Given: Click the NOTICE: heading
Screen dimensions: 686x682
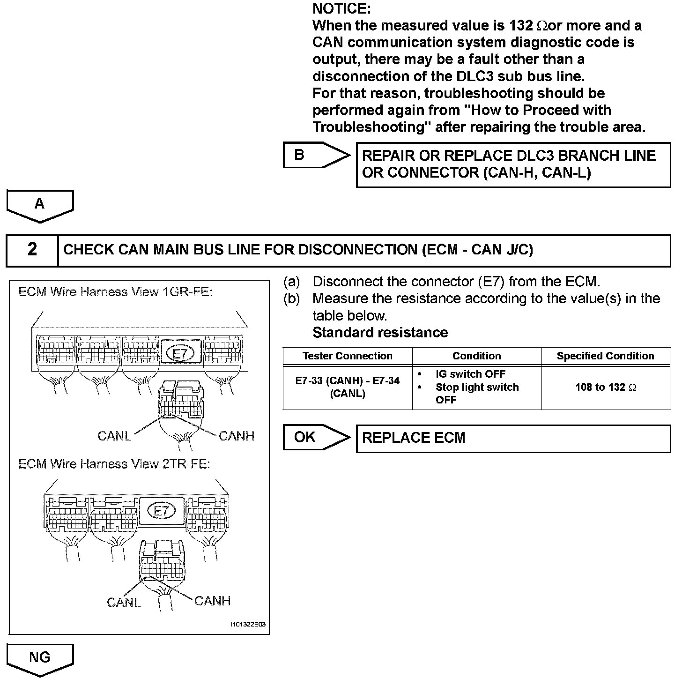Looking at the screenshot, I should (341, 8).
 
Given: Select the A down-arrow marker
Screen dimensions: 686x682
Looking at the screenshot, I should (40, 205).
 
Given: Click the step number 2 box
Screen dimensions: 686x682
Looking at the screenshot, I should (32, 250).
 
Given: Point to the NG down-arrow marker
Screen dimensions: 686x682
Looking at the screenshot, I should (40, 658).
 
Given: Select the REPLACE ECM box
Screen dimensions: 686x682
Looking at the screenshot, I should (513, 439).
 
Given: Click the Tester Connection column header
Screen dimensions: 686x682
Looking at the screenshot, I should (348, 356).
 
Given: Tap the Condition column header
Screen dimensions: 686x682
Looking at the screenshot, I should (476, 356).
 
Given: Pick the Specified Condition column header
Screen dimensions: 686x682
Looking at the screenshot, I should (605, 356).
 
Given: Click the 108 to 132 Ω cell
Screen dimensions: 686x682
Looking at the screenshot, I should (606, 388).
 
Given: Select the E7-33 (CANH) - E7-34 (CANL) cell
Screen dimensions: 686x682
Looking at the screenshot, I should (348, 387).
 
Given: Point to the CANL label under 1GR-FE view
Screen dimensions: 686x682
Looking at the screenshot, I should (114, 436).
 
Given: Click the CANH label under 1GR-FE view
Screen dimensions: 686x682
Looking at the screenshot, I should (237, 436).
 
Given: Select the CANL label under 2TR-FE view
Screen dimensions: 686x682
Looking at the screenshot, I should (124, 602).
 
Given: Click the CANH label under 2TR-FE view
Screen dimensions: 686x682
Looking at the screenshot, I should (212, 601).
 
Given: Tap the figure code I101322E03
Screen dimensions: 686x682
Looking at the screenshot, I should (248, 625).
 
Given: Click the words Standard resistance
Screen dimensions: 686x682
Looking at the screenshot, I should (380, 333).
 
